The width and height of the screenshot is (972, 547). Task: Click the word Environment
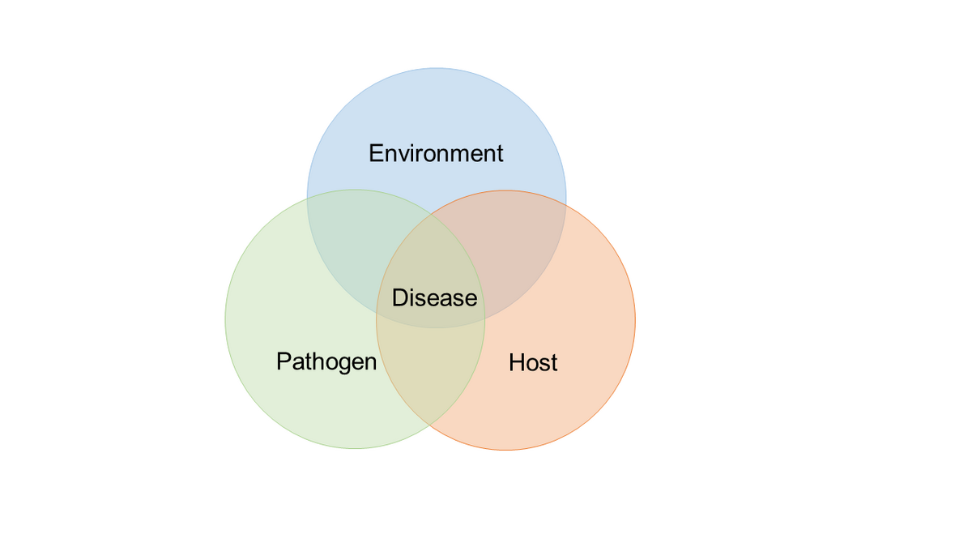(436, 153)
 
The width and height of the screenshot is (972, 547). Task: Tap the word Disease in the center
(434, 298)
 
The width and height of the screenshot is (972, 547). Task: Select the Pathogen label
(326, 361)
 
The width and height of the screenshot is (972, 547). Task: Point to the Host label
(533, 362)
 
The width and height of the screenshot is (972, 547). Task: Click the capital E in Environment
(376, 153)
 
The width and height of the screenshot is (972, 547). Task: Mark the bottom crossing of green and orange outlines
(430, 425)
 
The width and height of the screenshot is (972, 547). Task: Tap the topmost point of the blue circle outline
(437, 68)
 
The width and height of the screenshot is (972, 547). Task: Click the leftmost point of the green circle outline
(225, 319)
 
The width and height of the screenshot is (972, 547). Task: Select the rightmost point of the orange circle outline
(636, 320)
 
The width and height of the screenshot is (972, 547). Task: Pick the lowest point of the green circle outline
(355, 449)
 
